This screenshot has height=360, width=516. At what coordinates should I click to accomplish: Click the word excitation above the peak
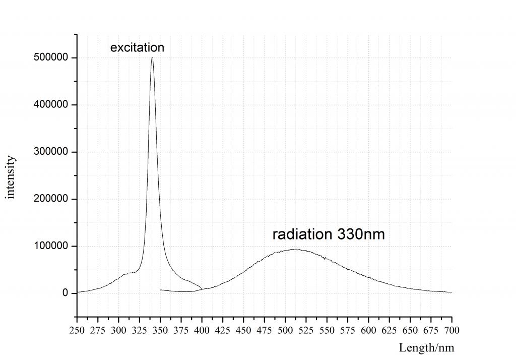coord(137,48)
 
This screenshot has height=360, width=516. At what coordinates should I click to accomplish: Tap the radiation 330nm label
coord(329,234)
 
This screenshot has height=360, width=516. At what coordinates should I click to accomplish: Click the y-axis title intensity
coord(11,177)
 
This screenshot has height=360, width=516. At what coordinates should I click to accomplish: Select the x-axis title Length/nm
coord(426,347)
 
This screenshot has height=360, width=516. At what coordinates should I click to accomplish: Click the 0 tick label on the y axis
coord(65,293)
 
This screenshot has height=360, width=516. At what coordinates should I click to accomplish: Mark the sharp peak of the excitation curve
coord(152,58)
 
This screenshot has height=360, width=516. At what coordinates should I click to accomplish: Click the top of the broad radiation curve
coord(294,249)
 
